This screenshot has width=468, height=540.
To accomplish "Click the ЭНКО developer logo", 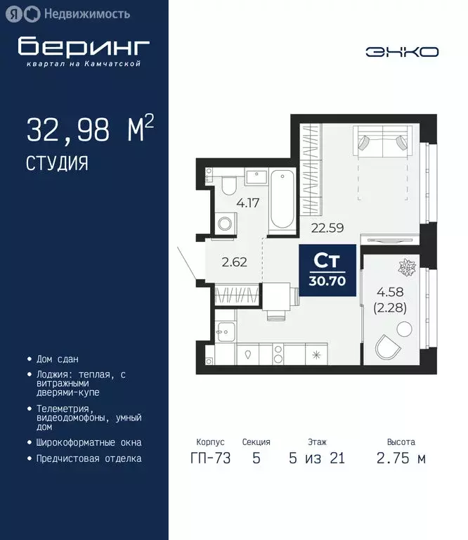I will click(x=402, y=51).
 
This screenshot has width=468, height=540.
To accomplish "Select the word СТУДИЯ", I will click(x=58, y=164).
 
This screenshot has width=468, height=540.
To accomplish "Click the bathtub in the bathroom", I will click(x=282, y=199).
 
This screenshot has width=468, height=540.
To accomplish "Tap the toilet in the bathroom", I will click(x=229, y=186).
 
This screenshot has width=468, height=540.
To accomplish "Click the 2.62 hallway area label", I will click(x=233, y=264).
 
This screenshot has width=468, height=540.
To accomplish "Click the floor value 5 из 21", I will click(x=316, y=458).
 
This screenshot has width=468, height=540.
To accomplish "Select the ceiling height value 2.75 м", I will click(x=401, y=458).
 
